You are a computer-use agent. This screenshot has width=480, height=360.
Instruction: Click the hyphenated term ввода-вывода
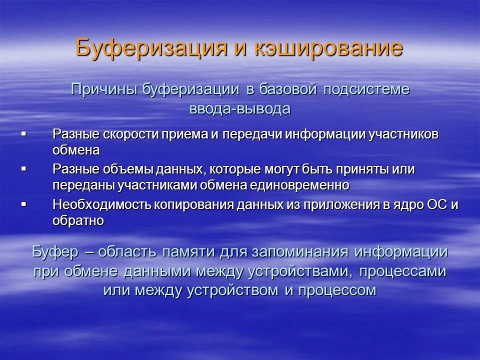240,109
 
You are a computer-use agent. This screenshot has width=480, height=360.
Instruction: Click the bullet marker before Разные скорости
23,134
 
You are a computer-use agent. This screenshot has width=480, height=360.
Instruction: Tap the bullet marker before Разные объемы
23,169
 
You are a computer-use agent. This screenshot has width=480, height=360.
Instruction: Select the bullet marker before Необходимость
23,204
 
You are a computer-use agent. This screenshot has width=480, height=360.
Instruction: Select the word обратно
78,220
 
